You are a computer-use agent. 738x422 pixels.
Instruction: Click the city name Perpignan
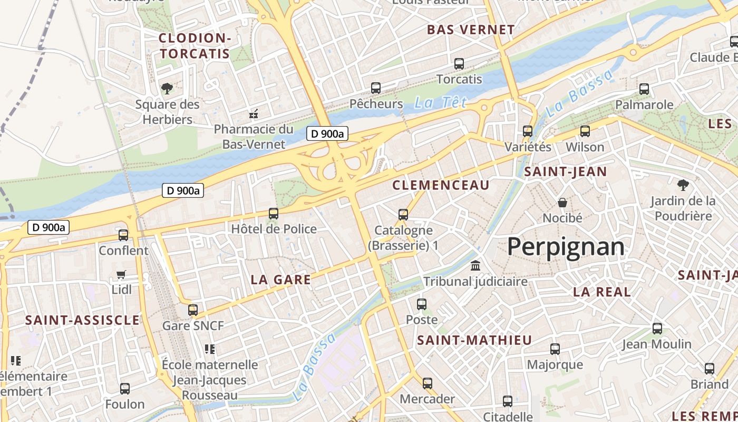(566, 247)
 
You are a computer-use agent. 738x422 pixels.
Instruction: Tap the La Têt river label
(440, 103)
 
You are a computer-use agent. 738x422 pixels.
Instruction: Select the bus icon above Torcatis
(459, 64)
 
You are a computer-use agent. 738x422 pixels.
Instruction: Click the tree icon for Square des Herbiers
(167, 89)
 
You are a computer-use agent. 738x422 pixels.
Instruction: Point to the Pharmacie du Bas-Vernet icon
(254, 113)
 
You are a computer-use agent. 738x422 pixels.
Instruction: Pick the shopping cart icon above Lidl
(121, 274)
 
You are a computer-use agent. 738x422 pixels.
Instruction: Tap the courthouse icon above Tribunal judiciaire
(475, 265)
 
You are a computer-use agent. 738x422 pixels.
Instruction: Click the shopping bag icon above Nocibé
(562, 203)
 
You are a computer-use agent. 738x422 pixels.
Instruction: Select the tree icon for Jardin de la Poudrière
(683, 185)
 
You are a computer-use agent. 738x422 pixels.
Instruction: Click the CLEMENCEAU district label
(441, 185)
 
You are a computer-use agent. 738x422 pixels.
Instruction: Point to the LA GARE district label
(281, 280)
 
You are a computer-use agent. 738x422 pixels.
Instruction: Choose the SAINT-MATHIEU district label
(474, 341)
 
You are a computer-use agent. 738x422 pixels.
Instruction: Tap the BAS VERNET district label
(471, 30)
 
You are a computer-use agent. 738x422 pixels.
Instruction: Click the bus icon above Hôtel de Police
(274, 214)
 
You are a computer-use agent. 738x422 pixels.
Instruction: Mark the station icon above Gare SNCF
(193, 310)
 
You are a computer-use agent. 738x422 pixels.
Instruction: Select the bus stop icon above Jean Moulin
(657, 329)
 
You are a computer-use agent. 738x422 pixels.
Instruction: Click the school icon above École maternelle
(210, 349)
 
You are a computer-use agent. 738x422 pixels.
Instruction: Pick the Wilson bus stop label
(585, 147)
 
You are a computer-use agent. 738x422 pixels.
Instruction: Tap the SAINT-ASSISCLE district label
(83, 320)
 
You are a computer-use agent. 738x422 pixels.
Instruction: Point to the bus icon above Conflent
(123, 235)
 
